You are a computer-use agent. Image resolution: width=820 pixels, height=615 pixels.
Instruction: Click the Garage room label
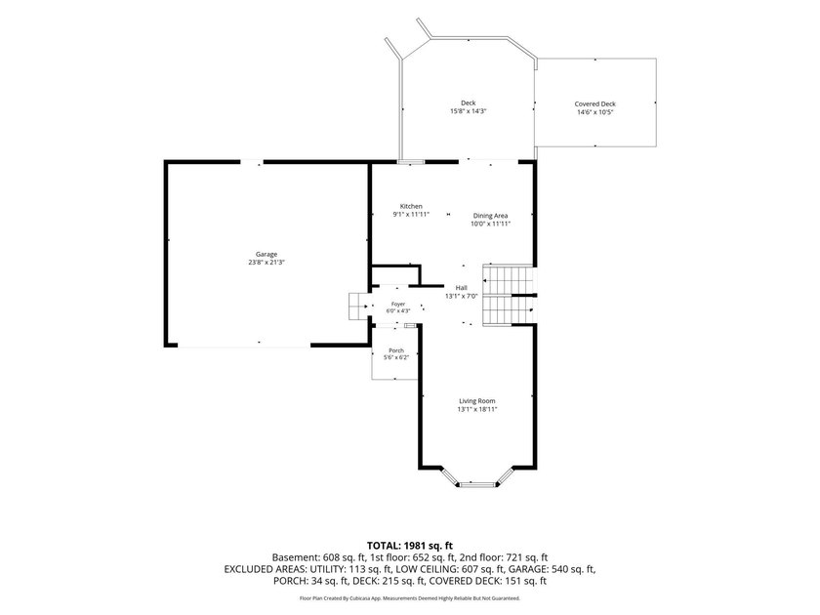tap(266, 254)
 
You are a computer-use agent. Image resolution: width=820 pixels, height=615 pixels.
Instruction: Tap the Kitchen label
tap(411, 206)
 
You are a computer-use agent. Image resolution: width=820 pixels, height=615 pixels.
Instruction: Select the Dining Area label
tap(490, 216)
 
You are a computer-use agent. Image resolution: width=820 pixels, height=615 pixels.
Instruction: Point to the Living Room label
tap(477, 401)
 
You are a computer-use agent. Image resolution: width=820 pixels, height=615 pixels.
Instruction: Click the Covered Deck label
tap(595, 104)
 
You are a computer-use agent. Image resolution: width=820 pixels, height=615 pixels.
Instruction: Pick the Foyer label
tap(398, 304)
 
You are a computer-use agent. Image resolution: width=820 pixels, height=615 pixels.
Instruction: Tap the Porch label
tap(396, 350)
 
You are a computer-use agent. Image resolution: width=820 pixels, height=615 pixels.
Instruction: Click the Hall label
tap(461, 288)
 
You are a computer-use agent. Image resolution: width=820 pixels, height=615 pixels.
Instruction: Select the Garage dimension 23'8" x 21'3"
tap(266, 263)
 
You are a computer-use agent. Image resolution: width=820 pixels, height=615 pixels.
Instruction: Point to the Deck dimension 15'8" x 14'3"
tap(469, 111)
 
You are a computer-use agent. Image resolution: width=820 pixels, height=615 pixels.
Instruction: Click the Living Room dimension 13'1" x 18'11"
tap(477, 409)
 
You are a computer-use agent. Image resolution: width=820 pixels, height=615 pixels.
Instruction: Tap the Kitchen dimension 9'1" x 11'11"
tap(411, 215)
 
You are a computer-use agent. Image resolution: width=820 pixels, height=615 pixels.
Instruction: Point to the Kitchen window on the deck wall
tap(411, 162)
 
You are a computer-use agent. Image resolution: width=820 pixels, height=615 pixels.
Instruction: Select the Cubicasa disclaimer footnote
tap(410, 597)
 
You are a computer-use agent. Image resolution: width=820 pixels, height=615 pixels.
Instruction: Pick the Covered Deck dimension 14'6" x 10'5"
tap(595, 112)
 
